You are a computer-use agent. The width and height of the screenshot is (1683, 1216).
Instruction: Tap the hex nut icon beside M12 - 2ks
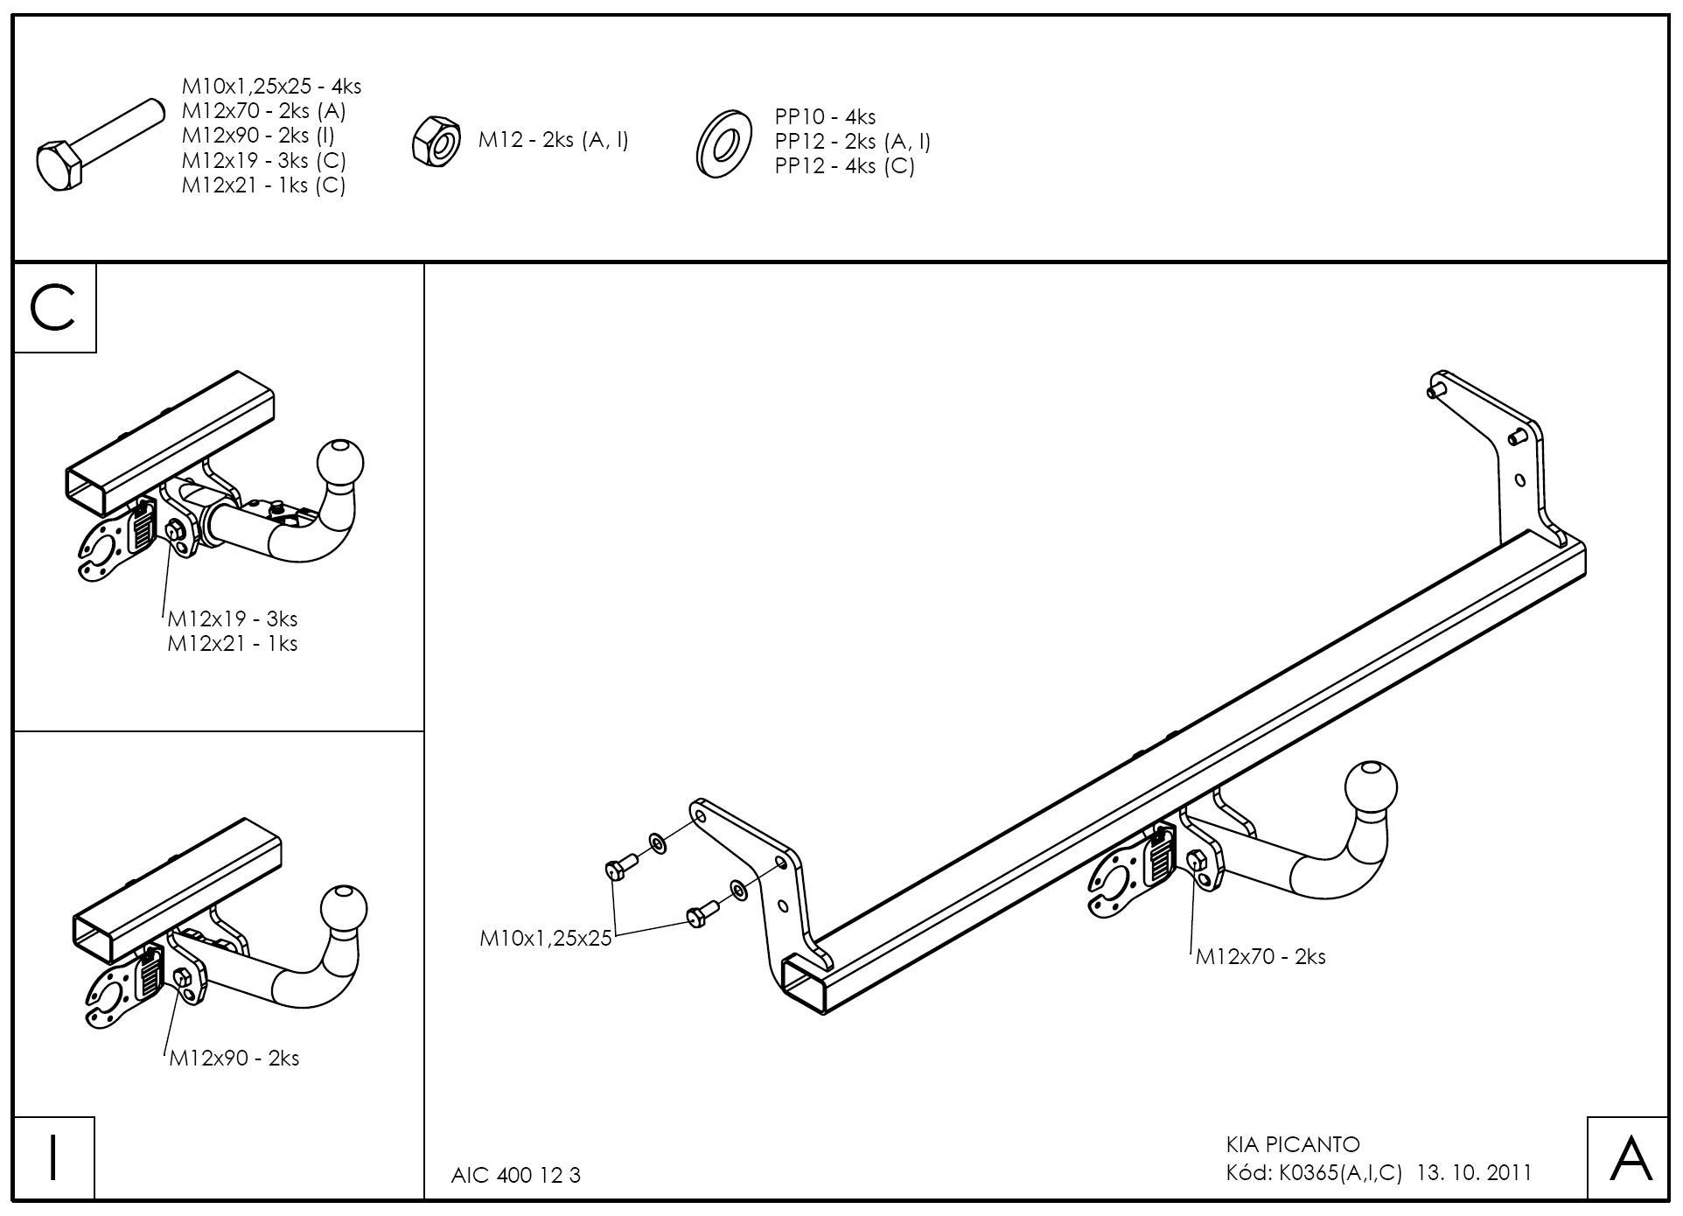tap(436, 140)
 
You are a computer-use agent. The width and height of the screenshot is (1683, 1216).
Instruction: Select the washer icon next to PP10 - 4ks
tap(723, 143)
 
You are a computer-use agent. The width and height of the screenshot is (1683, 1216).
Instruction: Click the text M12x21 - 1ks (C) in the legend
tap(263, 185)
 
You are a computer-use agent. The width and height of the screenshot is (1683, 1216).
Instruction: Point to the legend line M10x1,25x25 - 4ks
tap(271, 86)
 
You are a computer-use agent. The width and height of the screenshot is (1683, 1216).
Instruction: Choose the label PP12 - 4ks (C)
tap(844, 165)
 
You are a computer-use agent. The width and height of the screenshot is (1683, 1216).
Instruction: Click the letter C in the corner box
tap(54, 307)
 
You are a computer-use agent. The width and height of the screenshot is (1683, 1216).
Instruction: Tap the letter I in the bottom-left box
tap(54, 1157)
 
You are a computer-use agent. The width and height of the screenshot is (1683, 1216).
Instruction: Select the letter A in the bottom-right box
tap(1631, 1158)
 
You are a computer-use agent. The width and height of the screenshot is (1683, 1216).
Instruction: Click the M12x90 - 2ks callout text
tap(234, 1058)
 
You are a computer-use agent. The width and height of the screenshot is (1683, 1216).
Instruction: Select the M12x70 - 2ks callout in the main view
tap(1261, 956)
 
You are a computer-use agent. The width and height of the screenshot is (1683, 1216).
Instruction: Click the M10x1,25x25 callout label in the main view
tap(545, 939)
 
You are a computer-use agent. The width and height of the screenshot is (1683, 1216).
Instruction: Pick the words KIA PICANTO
tap(1293, 1143)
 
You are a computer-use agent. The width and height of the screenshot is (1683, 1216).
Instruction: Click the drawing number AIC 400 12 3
tap(515, 1175)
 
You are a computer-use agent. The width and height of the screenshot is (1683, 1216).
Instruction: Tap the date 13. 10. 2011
tap(1474, 1172)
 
